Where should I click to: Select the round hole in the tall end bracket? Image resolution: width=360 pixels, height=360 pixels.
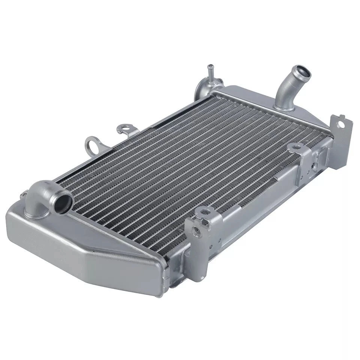[340, 125]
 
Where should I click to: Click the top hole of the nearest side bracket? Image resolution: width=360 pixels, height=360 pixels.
[205, 212]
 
